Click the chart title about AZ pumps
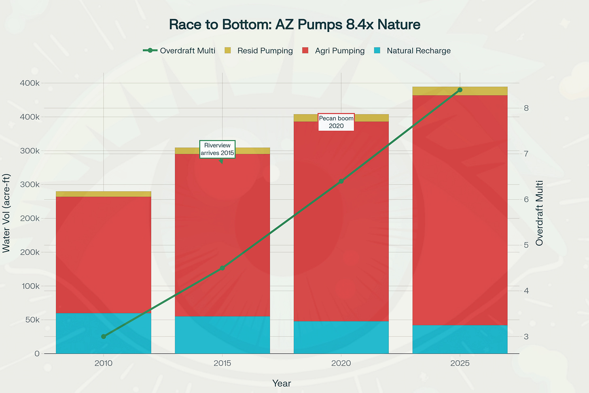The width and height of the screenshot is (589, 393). point(294,25)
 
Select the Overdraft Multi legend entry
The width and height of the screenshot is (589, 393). point(179,51)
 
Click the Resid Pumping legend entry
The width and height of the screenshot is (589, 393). point(259,51)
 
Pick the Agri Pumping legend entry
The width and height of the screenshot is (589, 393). point(334,51)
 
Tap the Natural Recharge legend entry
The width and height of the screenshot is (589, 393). point(413,51)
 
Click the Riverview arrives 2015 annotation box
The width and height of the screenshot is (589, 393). point(217,149)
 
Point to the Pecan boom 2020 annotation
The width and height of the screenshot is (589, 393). point(336,122)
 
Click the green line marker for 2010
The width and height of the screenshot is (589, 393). point(104,336)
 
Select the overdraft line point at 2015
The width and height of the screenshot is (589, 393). point(222,268)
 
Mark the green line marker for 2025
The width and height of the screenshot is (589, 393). point(460,90)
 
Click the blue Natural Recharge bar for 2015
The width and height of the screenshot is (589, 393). point(222,335)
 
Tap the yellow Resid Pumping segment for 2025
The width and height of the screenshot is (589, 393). point(460,91)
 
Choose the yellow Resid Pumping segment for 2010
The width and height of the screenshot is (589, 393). point(104,194)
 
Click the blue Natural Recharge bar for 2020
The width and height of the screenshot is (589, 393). point(341,337)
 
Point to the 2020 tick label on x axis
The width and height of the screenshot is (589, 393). point(341,363)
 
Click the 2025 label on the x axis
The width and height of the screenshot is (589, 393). point(460,363)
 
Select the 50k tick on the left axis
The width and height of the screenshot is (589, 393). point(30,320)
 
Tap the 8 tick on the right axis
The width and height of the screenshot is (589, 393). point(526,108)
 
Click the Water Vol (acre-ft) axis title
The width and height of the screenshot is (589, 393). point(6,213)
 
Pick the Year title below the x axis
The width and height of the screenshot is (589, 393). point(282,383)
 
